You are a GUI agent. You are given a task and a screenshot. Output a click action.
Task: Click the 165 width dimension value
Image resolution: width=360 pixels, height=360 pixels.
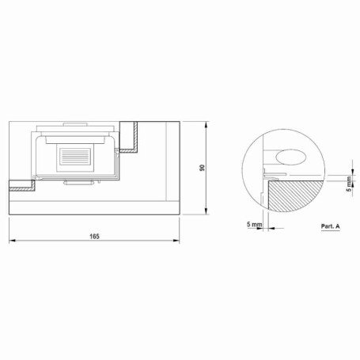(94, 237)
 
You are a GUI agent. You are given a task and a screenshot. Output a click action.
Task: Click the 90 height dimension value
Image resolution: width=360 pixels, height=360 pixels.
(202, 168)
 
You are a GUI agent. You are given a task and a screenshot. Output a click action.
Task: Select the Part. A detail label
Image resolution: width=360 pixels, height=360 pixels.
(331, 226)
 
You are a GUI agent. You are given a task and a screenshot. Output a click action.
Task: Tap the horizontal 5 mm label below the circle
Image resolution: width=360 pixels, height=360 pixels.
(255, 225)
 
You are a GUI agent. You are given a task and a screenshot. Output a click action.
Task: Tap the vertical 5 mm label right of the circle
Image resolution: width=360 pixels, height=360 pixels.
(349, 184)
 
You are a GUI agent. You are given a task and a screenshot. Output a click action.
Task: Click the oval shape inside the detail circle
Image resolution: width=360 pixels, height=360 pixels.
(291, 157)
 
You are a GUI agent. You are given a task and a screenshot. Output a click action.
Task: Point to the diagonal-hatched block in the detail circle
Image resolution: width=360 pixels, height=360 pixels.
(296, 195)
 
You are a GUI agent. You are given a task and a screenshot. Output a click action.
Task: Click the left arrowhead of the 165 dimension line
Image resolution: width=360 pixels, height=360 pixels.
(12, 241)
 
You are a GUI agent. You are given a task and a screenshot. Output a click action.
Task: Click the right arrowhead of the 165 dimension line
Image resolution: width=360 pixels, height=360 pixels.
(176, 241)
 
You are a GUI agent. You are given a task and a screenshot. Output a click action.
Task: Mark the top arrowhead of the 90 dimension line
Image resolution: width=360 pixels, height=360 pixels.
(206, 125)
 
